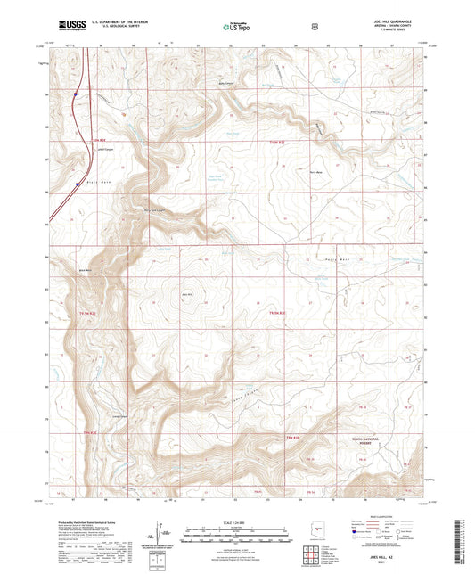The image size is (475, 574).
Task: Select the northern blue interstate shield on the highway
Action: [x=77, y=91]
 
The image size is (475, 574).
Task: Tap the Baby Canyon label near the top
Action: [x=226, y=85]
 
